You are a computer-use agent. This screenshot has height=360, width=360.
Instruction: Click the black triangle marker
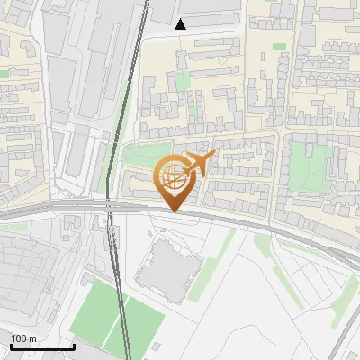pyautogui.click(x=181, y=24)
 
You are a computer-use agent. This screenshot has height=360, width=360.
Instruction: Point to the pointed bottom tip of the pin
pyautogui.click(x=175, y=211)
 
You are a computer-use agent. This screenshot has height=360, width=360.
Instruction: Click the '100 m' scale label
pyautogui.click(x=24, y=338)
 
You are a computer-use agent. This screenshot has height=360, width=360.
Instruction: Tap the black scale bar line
pyautogui.click(x=42, y=346)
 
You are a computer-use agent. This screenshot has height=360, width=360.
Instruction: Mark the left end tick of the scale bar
pyautogui.click(x=11, y=345)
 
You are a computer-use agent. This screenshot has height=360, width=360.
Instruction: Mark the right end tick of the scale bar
pyautogui.click(x=74, y=345)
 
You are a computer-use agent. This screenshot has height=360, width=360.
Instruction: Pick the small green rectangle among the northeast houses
pyautogui.click(x=279, y=46)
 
